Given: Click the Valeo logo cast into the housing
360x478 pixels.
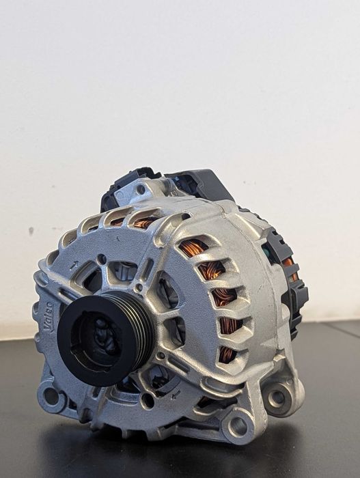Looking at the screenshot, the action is (x=49, y=317).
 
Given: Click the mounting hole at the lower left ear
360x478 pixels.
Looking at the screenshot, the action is (x=50, y=397).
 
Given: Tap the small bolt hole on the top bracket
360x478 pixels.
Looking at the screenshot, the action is (x=141, y=190).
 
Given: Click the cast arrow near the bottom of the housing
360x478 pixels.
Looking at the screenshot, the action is (x=176, y=395).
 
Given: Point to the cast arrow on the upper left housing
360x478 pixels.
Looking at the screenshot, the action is (x=74, y=264).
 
